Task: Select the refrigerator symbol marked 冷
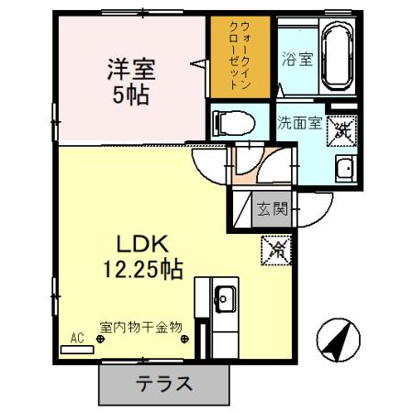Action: (276, 248)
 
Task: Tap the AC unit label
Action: (78, 337)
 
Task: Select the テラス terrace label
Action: (165, 385)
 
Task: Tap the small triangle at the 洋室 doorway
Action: (196, 63)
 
